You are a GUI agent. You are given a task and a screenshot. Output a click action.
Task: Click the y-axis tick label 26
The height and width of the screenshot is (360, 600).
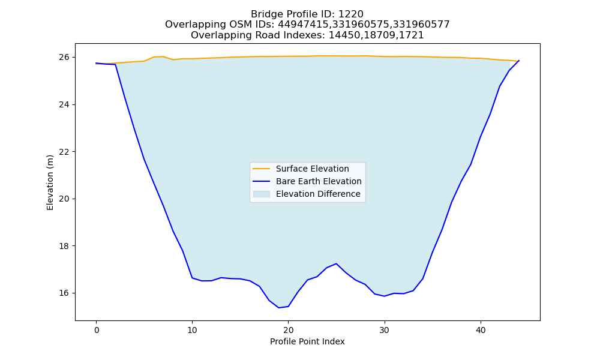click(64, 58)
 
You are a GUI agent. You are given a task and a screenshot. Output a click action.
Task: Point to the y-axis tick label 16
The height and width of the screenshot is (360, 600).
click(64, 293)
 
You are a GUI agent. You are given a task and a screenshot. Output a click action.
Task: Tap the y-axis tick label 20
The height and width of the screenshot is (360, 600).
click(64, 199)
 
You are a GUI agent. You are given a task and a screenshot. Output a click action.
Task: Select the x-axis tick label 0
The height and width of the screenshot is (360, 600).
click(97, 330)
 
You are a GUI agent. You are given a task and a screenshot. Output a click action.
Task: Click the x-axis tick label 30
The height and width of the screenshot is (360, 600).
click(385, 330)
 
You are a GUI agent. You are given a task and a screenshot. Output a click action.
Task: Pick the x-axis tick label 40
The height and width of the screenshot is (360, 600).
click(481, 330)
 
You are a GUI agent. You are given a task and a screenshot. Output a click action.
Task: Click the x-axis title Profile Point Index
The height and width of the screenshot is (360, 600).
click(307, 341)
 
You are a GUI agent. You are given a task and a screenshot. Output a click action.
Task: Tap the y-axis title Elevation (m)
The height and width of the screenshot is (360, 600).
click(50, 182)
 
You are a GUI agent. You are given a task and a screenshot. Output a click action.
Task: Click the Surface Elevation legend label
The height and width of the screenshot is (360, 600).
click(312, 169)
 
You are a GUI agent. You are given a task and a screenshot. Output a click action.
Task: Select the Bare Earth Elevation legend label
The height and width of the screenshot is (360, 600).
click(319, 181)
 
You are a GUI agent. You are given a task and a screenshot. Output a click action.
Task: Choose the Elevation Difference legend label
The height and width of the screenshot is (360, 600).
click(318, 194)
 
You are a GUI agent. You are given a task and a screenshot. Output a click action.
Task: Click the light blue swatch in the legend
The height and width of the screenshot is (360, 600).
click(262, 194)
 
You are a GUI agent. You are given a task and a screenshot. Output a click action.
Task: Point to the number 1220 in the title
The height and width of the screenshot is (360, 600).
click(350, 14)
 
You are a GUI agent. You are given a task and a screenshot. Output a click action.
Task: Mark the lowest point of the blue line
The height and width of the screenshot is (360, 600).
click(278, 308)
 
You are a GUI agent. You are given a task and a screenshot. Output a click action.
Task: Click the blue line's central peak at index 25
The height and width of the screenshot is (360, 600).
click(336, 263)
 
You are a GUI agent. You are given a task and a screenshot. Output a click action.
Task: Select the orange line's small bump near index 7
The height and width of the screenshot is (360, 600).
click(163, 56)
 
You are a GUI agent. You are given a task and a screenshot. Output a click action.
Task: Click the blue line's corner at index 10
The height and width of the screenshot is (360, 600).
click(192, 278)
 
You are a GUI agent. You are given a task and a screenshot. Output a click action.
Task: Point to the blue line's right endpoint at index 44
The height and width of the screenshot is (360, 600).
click(519, 61)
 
